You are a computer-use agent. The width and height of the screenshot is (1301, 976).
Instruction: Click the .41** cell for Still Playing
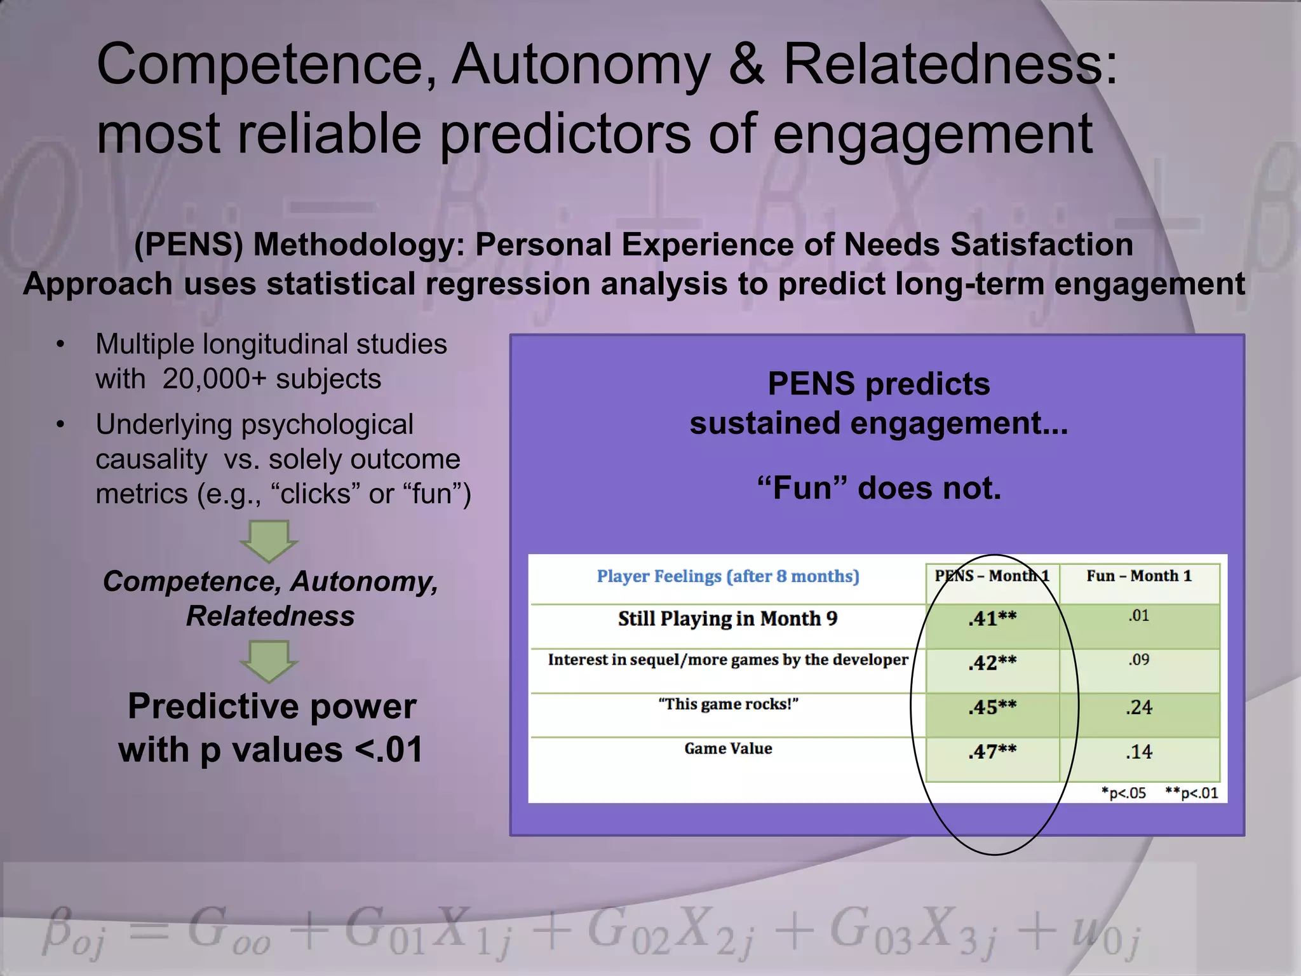tap(992, 619)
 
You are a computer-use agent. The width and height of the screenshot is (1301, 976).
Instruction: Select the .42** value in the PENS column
tap(992, 663)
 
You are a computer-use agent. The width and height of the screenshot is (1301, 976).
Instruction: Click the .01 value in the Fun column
tap(1139, 616)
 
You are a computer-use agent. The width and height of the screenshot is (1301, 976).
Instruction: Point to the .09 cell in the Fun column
tap(1139, 660)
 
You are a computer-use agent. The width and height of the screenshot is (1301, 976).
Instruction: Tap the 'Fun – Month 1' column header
tap(1139, 576)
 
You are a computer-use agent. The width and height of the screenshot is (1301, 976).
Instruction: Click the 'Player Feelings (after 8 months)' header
tap(728, 576)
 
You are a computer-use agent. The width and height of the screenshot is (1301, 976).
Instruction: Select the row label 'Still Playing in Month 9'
tap(728, 619)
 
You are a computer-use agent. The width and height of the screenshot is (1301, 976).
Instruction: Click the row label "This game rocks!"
tap(728, 704)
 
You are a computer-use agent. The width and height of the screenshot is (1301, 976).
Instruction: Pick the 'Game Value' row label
tap(728, 749)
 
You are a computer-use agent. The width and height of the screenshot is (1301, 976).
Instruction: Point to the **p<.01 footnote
tap(1192, 793)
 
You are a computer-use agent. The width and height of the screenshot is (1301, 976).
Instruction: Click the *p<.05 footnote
tap(1124, 793)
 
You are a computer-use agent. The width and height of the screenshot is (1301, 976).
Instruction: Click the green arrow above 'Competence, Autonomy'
tap(269, 541)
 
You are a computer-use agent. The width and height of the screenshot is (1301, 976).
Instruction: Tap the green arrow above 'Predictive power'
tap(269, 661)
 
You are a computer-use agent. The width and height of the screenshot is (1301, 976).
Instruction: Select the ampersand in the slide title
tap(746, 65)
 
